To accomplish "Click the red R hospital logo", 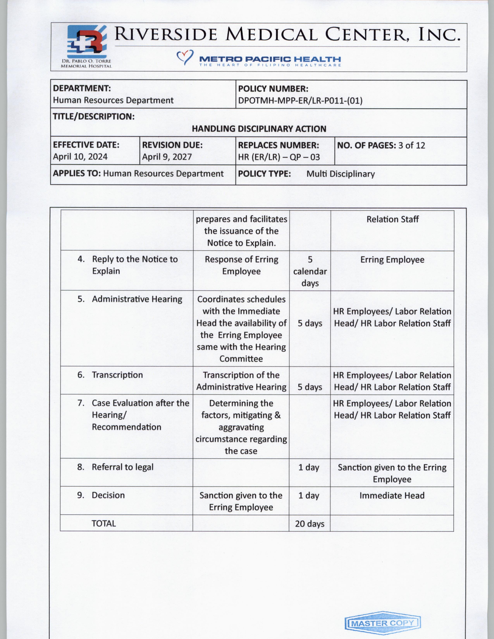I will pos(86,42).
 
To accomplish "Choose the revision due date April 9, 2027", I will pos(167,157).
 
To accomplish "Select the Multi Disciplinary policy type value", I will pos(340,174).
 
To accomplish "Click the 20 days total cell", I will pos(310,524).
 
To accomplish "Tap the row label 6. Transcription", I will pos(110,375).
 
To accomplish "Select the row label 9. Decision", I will pos(101,495).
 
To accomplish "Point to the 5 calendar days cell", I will pos(310,271).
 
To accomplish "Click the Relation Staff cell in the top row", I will pos(392,219).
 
